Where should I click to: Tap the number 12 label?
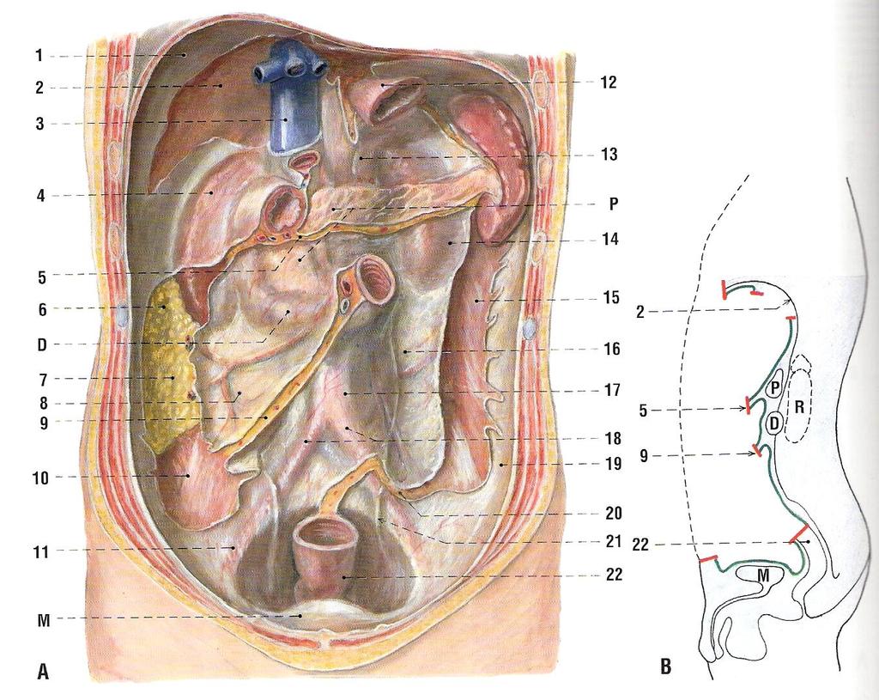click(x=609, y=82)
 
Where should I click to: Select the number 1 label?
click(x=39, y=56)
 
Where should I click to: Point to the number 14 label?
click(x=610, y=239)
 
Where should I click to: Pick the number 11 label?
click(x=41, y=552)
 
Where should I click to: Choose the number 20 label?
click(x=613, y=513)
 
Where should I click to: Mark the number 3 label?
click(x=39, y=124)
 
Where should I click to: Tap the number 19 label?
click(x=613, y=464)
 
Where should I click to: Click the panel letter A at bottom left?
click(x=43, y=671)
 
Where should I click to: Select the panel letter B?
click(x=666, y=667)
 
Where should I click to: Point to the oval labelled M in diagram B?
click(x=761, y=575)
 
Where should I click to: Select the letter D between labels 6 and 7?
click(x=42, y=344)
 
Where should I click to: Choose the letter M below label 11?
click(x=43, y=620)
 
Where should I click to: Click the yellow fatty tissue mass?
click(x=171, y=364)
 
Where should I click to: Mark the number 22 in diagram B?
click(x=640, y=544)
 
